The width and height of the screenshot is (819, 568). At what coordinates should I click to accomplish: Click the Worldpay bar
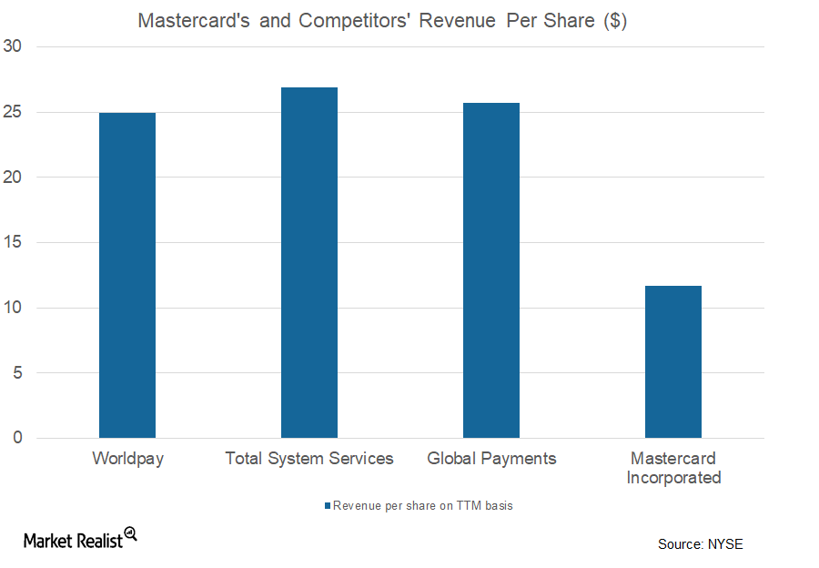point(127,275)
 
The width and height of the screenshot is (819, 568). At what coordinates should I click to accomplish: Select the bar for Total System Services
point(309,262)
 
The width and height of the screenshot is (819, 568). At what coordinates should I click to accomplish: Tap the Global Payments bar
point(491,270)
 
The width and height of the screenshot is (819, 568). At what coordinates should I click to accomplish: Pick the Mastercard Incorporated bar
point(673,361)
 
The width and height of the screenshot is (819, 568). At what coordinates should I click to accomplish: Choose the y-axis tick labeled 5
point(17,373)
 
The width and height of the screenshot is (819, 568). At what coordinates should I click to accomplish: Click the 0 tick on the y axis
point(17,438)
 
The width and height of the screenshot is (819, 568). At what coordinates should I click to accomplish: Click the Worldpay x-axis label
point(127,459)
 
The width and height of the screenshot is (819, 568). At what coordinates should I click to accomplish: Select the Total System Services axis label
point(309,459)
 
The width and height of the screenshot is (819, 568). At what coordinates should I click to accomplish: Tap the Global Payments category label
point(491,459)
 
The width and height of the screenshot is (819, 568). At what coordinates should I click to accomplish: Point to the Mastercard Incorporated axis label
point(673,468)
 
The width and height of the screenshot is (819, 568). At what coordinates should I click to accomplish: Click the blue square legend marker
point(328,506)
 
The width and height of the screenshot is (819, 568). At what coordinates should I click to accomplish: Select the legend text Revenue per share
point(423,506)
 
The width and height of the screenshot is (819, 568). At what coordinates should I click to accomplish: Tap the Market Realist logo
point(79,539)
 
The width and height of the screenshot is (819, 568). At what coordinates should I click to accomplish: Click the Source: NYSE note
point(700,544)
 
